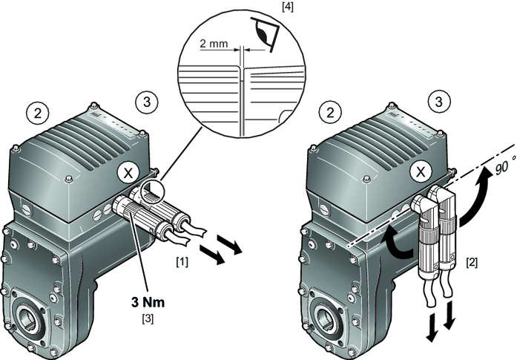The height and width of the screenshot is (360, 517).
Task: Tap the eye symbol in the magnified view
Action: pyautogui.click(x=262, y=33)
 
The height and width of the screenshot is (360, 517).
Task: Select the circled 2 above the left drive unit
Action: pyautogui.click(x=37, y=112)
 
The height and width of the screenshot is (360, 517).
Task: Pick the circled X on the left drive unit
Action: pyautogui.click(x=128, y=171)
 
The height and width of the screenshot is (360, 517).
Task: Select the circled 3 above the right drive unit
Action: pyautogui.click(x=439, y=101)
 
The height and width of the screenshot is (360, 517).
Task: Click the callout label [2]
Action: pyautogui.click(x=472, y=262)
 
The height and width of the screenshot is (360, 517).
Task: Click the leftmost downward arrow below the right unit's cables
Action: pyautogui.click(x=432, y=327)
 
